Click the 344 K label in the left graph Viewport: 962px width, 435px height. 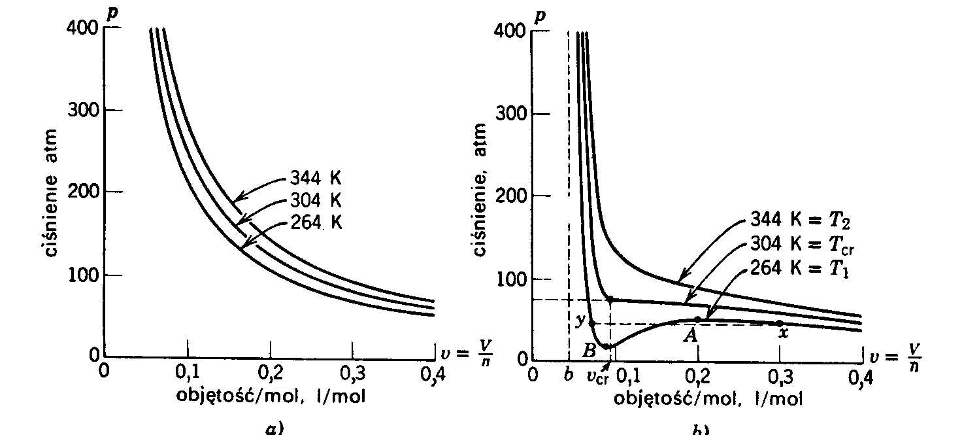pyautogui.click(x=314, y=178)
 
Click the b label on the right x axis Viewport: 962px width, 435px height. pyautogui.click(x=567, y=375)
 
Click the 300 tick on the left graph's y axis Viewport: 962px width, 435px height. pyautogui.click(x=84, y=109)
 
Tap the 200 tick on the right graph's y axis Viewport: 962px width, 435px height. pyautogui.click(x=512, y=196)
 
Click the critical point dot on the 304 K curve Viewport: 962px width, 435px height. pyautogui.click(x=610, y=299)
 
